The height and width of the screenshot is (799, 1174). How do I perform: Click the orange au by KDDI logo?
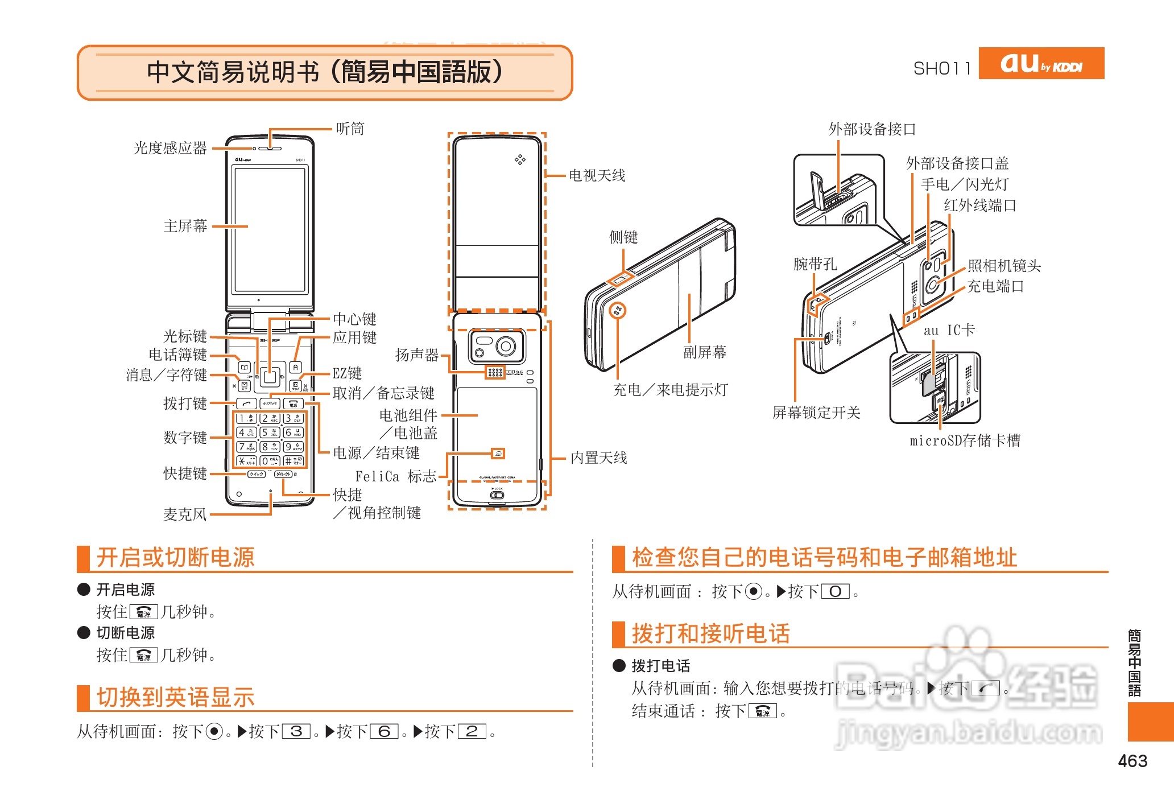pos(1041,63)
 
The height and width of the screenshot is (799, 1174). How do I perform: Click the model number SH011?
pos(942,69)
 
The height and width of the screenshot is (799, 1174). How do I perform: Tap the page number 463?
pos(1132,761)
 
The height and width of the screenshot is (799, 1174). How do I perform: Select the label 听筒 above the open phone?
pos(350,129)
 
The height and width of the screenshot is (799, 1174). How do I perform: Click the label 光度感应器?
pos(170,149)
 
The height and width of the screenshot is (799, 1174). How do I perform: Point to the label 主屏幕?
pos(185,226)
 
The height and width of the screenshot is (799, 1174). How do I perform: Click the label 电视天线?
pos(597,175)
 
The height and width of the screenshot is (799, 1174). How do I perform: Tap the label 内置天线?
pos(598,458)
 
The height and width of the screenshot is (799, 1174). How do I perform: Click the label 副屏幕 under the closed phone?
pos(705,352)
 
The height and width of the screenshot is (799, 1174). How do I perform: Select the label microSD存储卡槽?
pos(965,440)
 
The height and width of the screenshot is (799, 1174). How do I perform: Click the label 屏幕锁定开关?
pos(816,413)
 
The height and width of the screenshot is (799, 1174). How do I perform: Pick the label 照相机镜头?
pos(1004,266)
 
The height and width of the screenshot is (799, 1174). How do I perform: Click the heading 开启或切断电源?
pos(175,557)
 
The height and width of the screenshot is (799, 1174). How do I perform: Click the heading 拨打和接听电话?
pos(710,633)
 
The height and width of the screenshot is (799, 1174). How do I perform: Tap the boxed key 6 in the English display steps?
pos(385,731)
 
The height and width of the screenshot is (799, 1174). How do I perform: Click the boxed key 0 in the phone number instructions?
pos(835,592)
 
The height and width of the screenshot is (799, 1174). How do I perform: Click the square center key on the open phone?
pos(270,376)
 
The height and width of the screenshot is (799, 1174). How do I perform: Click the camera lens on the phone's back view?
pos(505,346)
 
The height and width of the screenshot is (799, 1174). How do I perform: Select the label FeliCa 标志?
pos(395,476)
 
